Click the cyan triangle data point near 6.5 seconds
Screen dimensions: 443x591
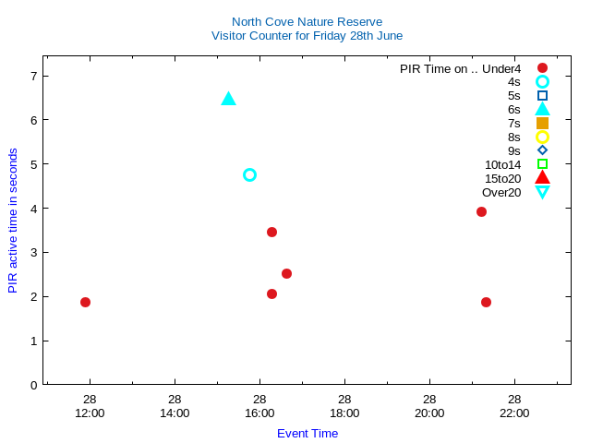click(229, 99)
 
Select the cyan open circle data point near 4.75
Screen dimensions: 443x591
click(249, 174)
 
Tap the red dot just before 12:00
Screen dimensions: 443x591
click(85, 302)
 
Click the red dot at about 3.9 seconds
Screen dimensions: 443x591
click(481, 211)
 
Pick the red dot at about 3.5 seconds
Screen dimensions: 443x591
click(271, 232)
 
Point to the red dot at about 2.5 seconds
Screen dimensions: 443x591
click(286, 273)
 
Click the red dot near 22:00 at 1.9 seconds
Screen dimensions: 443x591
click(486, 302)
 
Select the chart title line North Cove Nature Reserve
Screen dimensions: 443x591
click(307, 21)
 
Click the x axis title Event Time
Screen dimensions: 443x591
click(308, 433)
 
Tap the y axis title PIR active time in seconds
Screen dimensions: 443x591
click(13, 221)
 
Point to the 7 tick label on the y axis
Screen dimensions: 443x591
click(33, 76)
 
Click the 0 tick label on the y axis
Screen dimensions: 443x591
click(33, 385)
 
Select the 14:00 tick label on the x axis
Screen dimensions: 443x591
click(175, 413)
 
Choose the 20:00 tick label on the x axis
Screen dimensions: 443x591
click(429, 413)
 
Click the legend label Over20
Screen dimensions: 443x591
click(501, 192)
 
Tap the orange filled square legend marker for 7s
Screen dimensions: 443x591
click(542, 123)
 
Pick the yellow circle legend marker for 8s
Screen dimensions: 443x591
click(542, 137)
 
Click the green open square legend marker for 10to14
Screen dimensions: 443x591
click(542, 164)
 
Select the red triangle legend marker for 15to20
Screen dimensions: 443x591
click(542, 177)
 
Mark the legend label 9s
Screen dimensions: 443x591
click(514, 150)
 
